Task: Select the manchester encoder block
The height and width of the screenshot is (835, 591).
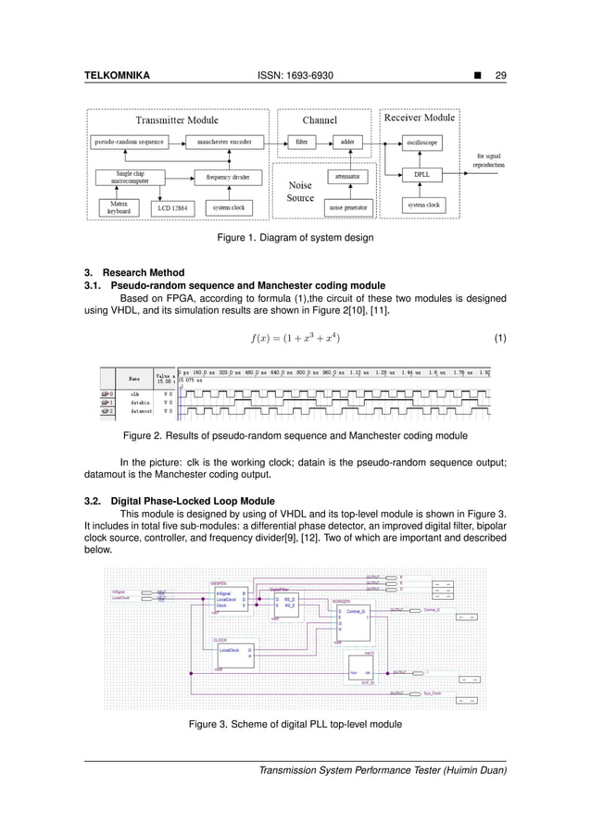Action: [x=225, y=142]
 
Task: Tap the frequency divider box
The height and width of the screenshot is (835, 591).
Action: [x=225, y=175]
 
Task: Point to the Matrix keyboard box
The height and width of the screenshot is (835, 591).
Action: [x=118, y=206]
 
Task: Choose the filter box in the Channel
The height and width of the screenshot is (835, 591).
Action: [x=301, y=142]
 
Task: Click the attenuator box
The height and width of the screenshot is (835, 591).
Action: [x=347, y=174]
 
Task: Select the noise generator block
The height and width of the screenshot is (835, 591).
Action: [x=347, y=207]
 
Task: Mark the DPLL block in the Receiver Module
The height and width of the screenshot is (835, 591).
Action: [x=421, y=173]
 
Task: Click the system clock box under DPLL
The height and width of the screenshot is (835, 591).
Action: [x=421, y=204]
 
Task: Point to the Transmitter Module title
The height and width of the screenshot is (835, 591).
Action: [x=177, y=119]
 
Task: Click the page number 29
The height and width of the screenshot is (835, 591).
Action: [x=501, y=74]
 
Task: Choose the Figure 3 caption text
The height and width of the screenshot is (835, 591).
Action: [x=295, y=723]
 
